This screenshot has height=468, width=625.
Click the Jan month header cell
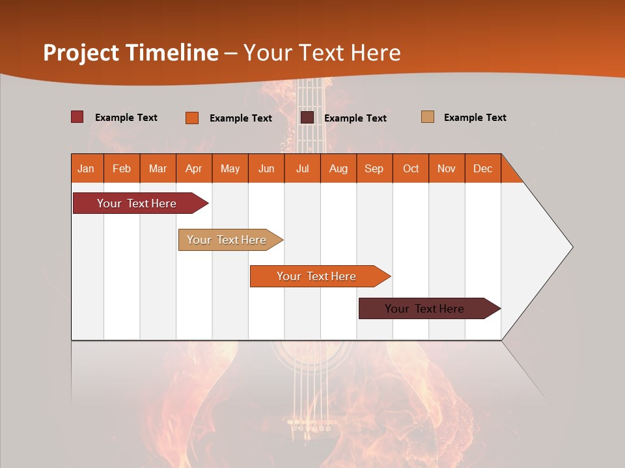[x=87, y=168]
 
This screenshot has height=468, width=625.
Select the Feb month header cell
[x=122, y=168]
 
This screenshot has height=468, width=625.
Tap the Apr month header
[x=194, y=168]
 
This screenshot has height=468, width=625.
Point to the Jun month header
[x=266, y=168]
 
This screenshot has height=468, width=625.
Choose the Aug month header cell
[x=339, y=168]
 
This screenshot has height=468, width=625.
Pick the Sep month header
[x=374, y=168]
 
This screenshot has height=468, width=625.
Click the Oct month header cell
[x=411, y=168]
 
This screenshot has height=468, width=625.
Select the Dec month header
[x=483, y=168]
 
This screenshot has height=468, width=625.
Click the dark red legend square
[x=77, y=117]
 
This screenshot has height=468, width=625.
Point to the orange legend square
[x=192, y=118]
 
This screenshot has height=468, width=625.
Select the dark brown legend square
[x=307, y=118]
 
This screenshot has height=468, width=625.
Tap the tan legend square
[x=428, y=117]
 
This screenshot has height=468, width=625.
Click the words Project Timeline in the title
[x=131, y=53]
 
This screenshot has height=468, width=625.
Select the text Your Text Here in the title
[x=322, y=53]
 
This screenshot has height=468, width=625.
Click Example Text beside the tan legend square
[x=475, y=118]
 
